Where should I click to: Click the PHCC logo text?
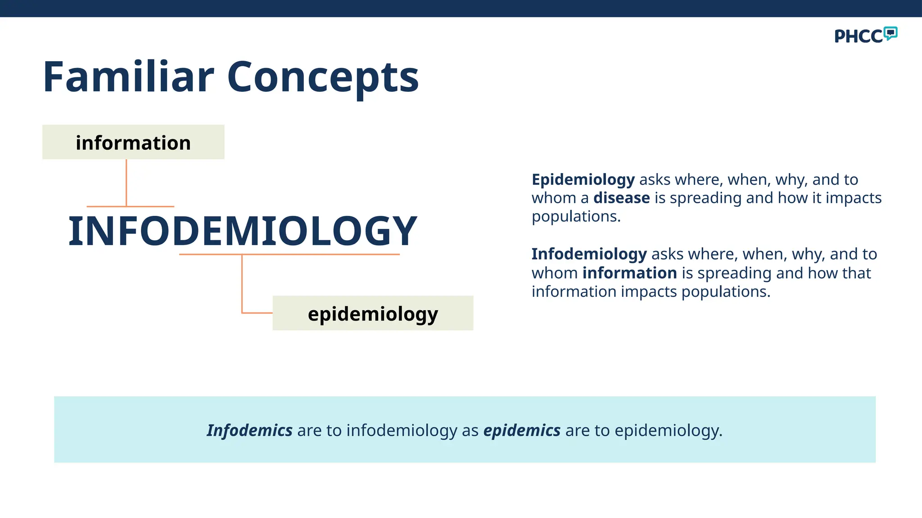(858, 36)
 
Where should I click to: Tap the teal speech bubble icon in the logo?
(890, 33)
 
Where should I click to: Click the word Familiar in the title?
(128, 77)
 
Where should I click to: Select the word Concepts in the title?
(323, 77)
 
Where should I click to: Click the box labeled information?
(133, 142)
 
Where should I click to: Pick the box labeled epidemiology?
(373, 313)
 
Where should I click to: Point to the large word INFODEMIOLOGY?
(243, 231)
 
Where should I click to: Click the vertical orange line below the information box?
(127, 182)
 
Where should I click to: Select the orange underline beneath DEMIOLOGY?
(289, 255)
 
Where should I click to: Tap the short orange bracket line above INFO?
(130, 206)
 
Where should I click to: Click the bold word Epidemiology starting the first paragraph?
(583, 179)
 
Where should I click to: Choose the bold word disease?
(621, 198)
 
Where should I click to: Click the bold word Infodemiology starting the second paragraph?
(589, 254)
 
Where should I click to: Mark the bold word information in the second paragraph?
(629, 273)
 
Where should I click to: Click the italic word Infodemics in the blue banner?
(249, 430)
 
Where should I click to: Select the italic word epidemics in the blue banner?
(522, 430)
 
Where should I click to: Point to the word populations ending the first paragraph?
(576, 217)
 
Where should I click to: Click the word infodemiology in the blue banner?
(402, 430)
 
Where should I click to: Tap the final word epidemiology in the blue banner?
(668, 430)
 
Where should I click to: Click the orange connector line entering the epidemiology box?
(257, 313)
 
